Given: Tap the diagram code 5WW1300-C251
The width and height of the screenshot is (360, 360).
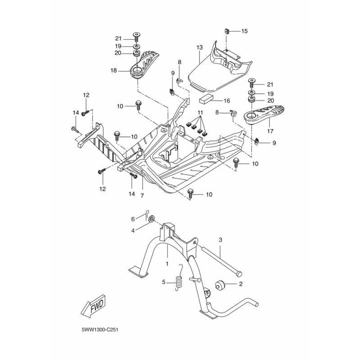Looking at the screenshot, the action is point(100,330).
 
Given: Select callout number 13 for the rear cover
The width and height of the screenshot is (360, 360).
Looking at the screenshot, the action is point(199,48).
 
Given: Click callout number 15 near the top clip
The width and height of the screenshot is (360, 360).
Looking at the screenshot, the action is point(244,31).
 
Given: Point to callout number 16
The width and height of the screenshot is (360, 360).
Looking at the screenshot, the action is point(227,101).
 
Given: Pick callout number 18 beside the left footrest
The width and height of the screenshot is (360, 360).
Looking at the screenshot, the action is point(114,71).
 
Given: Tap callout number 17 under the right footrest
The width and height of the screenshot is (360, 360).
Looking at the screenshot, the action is point(270,131).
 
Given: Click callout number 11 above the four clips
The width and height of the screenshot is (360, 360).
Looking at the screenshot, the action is point(200,112).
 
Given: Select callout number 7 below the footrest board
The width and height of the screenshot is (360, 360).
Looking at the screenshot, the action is point(142,196).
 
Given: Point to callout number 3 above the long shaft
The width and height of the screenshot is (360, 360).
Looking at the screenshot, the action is point(220,240).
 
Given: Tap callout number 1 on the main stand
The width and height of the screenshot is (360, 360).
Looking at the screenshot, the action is point(167,264).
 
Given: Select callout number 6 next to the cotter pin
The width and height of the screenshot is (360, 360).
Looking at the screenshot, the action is point(133,219).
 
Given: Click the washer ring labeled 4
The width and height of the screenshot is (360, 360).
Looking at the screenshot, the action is point(152,219).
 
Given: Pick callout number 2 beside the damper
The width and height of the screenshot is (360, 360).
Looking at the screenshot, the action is point(241,284).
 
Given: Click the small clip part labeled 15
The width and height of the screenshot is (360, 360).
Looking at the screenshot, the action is point(227,31).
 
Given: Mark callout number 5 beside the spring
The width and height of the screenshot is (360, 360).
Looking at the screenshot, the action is point(164,282).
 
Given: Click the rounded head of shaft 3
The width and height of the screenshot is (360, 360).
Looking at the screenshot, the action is point(239,274).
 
